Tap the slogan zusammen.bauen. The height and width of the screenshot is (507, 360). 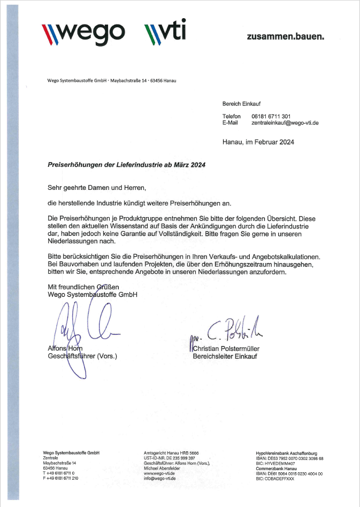pos(285,37)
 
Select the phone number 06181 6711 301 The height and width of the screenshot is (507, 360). pos(271,116)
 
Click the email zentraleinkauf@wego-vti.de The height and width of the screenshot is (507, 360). pos(285,122)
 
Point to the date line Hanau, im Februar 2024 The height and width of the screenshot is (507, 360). pos(258,142)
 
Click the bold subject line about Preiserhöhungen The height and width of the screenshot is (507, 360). pos(126,166)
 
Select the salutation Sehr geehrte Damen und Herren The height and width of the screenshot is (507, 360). pos(96,188)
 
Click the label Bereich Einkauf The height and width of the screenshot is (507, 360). pos(241,103)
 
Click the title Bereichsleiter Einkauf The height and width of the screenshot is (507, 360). pos(225,356)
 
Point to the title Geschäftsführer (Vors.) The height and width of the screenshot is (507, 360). pos(82,356)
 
